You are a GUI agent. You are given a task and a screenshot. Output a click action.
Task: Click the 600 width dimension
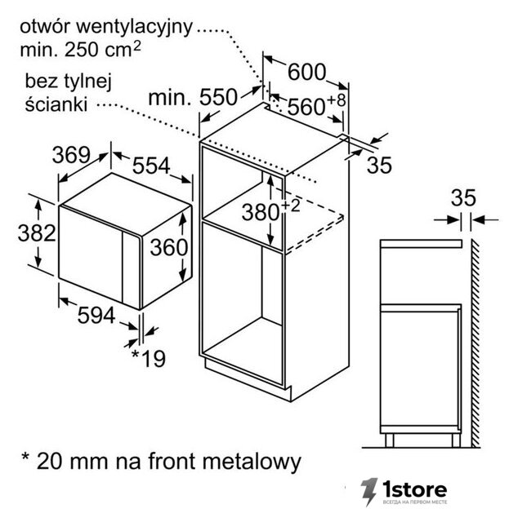coord(306,72)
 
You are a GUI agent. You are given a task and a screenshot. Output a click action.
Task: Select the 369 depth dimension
coord(71,155)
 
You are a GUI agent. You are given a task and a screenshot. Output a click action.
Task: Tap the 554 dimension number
coord(151,166)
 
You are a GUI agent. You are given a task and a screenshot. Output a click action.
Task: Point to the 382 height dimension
coord(37,233)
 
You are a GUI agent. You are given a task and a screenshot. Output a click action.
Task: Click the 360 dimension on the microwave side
coord(169,248)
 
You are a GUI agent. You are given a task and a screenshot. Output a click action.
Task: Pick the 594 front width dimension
coord(96,316)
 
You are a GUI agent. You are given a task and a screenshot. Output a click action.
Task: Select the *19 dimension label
coord(149,358)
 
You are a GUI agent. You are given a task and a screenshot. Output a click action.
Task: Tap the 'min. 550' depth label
coord(193,98)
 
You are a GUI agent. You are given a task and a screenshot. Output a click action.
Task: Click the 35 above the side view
coord(463,198)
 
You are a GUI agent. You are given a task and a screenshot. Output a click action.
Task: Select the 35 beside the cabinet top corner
coord(379,165)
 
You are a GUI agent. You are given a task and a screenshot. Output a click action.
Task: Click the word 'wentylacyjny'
coord(135,28)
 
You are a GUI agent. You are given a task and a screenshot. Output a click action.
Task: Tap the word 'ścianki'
coord(56,104)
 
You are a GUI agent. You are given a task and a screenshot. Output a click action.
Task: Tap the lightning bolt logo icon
coord(369,492)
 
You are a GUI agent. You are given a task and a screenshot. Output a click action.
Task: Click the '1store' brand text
coord(414,489)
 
